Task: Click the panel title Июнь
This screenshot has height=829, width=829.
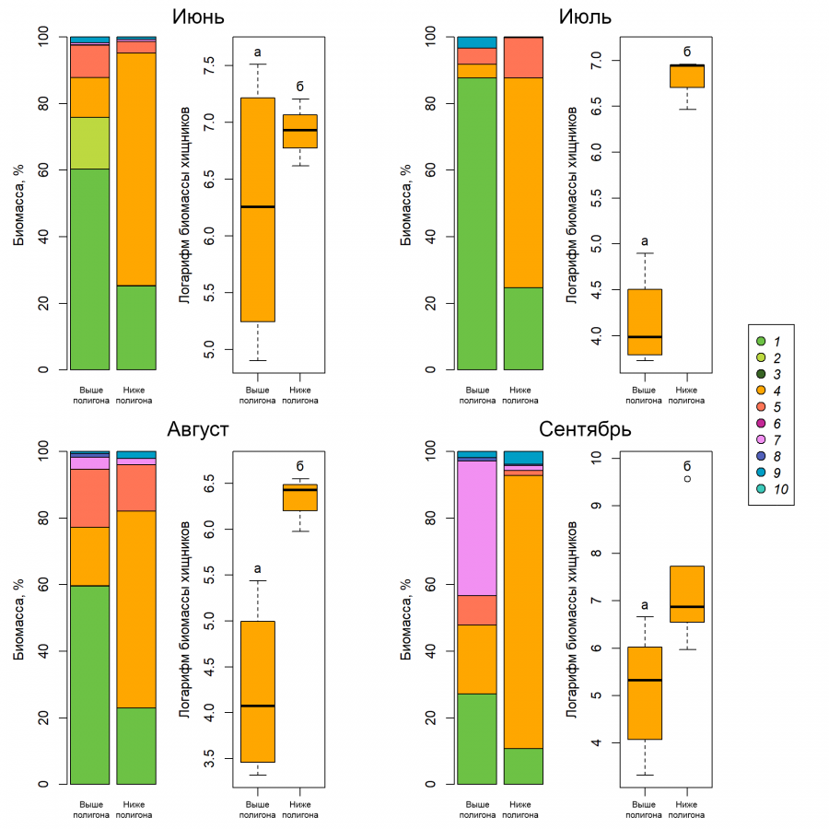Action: pos(198,17)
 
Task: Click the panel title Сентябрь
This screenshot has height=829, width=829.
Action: pos(585,429)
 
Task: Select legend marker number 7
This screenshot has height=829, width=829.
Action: pos(762,440)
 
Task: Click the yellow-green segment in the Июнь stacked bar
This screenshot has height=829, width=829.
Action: pos(90,144)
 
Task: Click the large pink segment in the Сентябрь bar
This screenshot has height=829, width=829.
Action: pos(477,528)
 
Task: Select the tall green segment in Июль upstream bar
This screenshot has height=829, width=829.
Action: pos(477,224)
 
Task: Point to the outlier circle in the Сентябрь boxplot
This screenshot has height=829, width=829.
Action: pos(687,479)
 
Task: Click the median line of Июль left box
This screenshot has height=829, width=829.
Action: pos(645,337)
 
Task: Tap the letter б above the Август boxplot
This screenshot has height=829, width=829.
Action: pos(299,466)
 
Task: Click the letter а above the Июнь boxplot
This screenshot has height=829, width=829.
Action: pos(258,52)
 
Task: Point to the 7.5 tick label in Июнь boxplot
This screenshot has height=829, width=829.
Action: pos(210,65)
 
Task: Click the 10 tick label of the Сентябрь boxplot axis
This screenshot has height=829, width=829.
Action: pos(596,458)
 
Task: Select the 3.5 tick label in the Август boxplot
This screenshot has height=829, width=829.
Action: pos(210,759)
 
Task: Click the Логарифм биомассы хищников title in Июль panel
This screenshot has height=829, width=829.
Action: pos(571,205)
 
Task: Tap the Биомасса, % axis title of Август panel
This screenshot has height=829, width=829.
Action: pos(19,620)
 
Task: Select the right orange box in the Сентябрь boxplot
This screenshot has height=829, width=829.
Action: pos(687,594)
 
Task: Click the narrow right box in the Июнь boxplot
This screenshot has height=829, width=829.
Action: pos(299,131)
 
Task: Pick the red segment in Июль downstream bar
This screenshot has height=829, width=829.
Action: pos(523,58)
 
